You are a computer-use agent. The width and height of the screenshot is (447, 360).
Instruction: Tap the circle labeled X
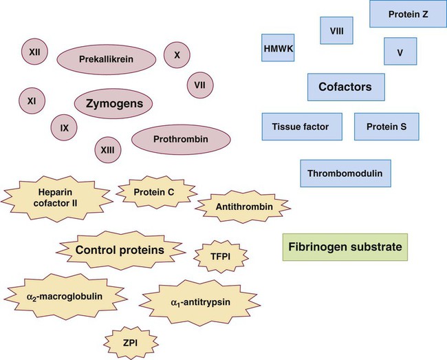point(177,54)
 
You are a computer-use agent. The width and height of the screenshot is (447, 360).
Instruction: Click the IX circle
point(64,127)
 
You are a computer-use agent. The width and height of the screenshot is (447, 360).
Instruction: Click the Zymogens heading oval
point(113,103)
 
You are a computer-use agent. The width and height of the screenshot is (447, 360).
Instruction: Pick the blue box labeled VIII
point(337,30)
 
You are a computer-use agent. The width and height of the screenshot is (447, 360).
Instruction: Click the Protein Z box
point(408,14)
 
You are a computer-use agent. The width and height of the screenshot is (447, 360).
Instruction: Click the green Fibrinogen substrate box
point(345,246)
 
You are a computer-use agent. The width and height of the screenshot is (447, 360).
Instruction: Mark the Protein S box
point(386,127)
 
